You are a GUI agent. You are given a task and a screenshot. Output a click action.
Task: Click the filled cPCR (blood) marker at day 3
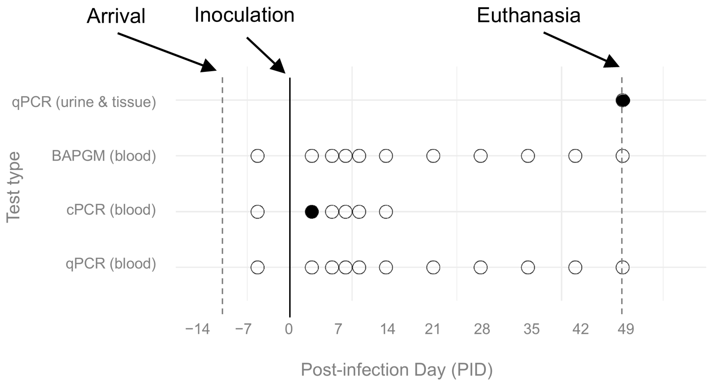[312, 212]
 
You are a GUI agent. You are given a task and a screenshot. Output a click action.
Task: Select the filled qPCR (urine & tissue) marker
[623, 100]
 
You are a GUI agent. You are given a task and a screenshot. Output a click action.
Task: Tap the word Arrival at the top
[116, 16]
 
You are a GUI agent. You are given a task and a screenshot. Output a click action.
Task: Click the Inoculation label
[244, 15]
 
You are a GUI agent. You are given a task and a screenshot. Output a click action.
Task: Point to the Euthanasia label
[528, 15]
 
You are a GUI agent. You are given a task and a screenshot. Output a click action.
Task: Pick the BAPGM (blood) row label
[104, 156]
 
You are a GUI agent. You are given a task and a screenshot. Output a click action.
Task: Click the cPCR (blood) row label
[111, 210]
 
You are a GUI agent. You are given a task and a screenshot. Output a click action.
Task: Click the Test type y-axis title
[13, 187]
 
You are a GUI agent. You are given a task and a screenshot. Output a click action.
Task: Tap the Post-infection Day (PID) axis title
[397, 370]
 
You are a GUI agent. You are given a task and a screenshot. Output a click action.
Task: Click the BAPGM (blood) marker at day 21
[433, 156]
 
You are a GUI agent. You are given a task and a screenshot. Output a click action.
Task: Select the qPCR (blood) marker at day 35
[528, 268]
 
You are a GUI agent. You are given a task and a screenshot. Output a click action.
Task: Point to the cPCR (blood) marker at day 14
[386, 212]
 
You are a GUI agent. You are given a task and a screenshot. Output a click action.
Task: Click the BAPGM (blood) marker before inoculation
[257, 156]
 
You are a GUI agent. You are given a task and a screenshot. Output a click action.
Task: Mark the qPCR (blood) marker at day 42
[575, 268]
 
